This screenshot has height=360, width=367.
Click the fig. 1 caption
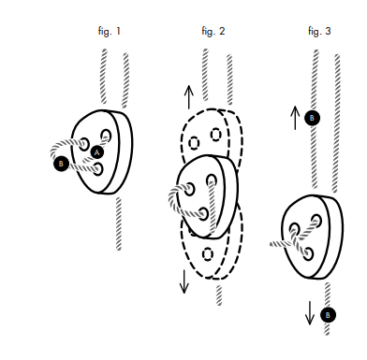(x=110, y=31)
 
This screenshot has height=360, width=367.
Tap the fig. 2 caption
(x=213, y=31)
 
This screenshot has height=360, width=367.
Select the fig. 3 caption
(x=319, y=31)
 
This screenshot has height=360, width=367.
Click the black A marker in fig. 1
(x=97, y=152)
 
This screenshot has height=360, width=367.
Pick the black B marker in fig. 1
(x=61, y=164)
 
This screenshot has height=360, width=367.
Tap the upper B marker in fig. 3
(x=312, y=118)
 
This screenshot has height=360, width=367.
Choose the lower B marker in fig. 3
(x=328, y=315)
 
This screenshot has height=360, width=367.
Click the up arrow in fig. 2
(x=189, y=97)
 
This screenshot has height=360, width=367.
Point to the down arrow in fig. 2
(x=184, y=281)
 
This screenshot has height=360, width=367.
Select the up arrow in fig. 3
(x=295, y=118)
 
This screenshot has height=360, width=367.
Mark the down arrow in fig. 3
(x=310, y=313)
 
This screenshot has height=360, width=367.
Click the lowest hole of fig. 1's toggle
(x=97, y=169)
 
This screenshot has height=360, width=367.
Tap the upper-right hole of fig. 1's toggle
(x=106, y=136)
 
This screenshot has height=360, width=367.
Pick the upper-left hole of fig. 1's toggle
(x=84, y=144)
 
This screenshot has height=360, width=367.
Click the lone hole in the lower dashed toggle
(x=208, y=254)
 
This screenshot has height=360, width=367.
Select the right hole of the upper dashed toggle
(x=216, y=135)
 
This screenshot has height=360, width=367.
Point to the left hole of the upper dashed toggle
(x=194, y=143)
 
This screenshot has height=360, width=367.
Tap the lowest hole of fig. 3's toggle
(x=308, y=254)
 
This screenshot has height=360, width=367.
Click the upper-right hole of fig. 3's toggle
(x=316, y=221)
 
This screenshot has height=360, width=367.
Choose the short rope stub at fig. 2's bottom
(x=219, y=295)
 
